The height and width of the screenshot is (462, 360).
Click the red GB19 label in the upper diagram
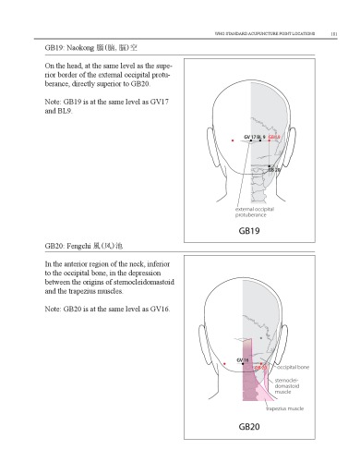point(274,137)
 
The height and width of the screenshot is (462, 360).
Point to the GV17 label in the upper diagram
point(249,137)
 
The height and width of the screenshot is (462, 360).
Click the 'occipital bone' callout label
point(294,367)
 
